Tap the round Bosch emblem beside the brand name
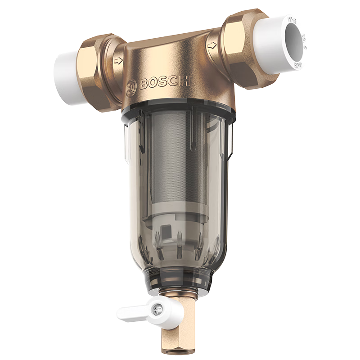(131, 85)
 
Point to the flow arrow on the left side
(118, 61)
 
